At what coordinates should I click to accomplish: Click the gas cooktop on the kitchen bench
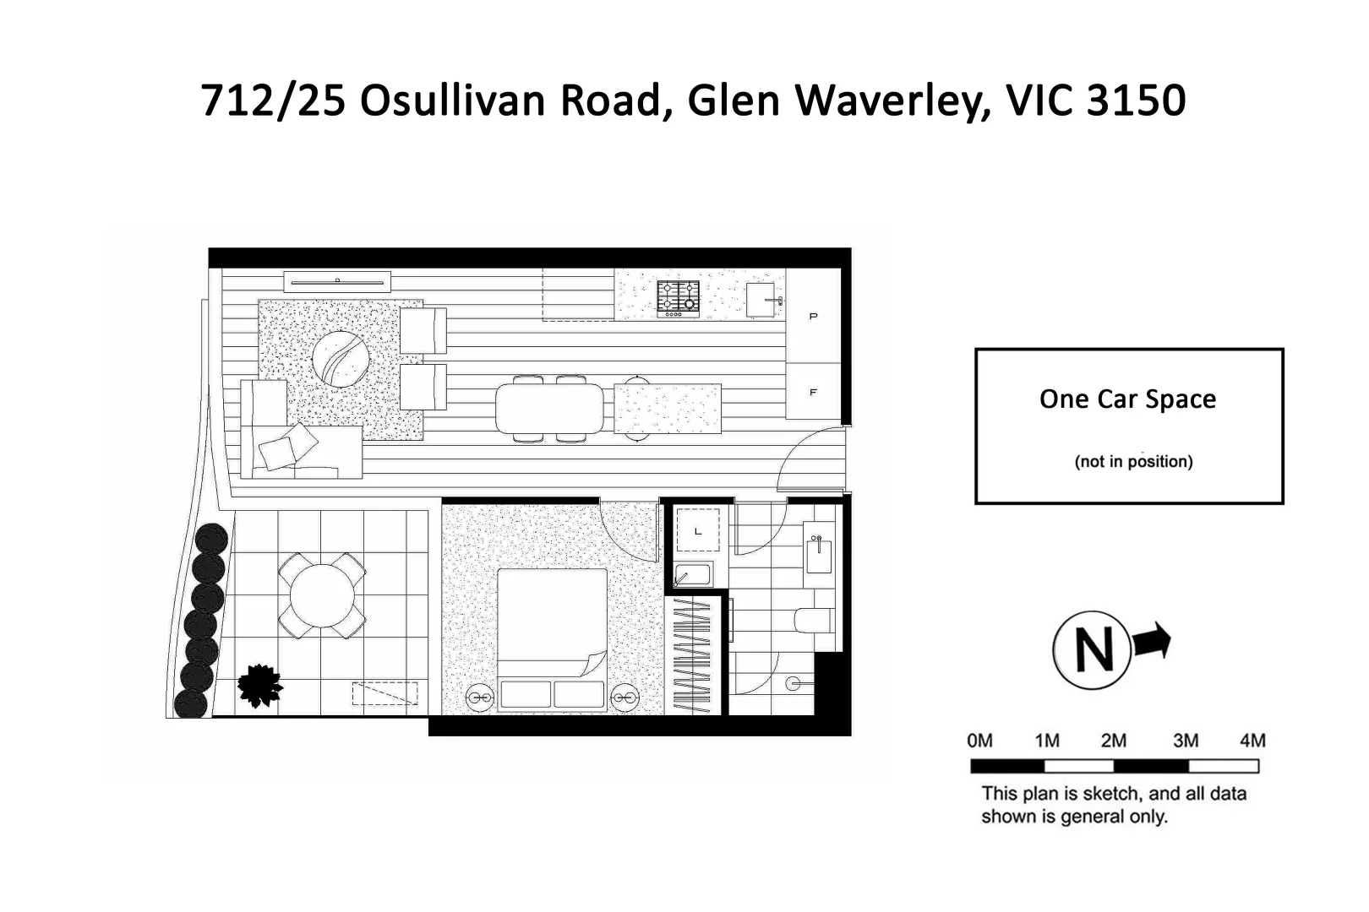[x=679, y=299]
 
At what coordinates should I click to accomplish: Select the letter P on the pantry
[x=813, y=317]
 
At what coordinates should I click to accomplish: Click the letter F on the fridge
[x=813, y=393]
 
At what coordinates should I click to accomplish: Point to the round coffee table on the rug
[x=341, y=359]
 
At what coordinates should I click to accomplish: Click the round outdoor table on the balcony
[x=322, y=595]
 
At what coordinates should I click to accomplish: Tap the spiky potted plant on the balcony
[x=259, y=685]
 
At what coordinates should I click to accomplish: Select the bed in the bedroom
[x=552, y=629]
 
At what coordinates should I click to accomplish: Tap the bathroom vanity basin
[x=818, y=556]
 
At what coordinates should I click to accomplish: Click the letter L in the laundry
[x=698, y=531]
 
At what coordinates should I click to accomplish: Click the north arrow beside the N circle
[x=1153, y=641]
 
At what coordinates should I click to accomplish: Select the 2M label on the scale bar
[x=1113, y=741]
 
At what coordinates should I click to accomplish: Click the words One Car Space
[x=1127, y=399]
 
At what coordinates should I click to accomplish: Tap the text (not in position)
[x=1133, y=462]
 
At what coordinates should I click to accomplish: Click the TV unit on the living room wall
[x=337, y=281]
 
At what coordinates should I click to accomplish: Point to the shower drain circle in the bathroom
[x=793, y=684]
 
